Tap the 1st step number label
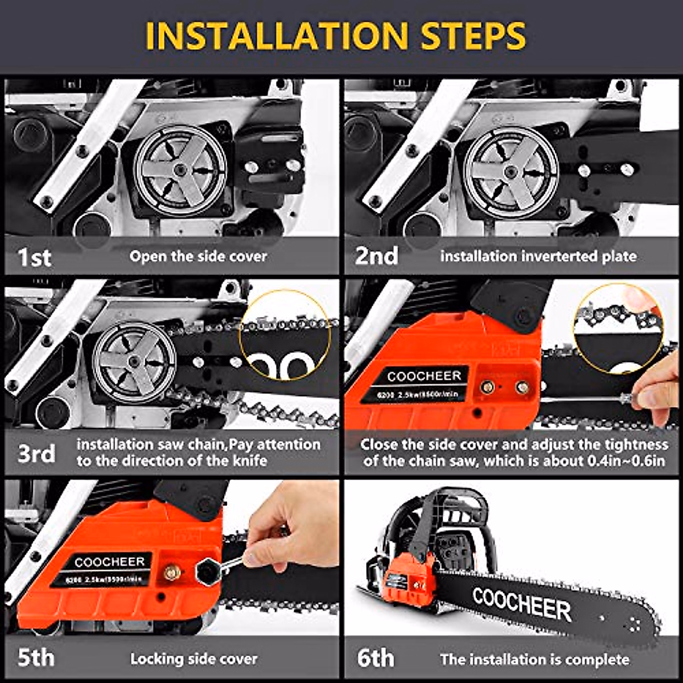point(35,257)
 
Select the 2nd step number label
point(376,256)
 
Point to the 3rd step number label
point(36,454)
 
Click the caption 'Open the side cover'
point(198,257)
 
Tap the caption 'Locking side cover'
point(194,659)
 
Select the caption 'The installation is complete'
point(534,660)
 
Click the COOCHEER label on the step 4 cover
point(425,376)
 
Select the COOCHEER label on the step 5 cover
point(110,562)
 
